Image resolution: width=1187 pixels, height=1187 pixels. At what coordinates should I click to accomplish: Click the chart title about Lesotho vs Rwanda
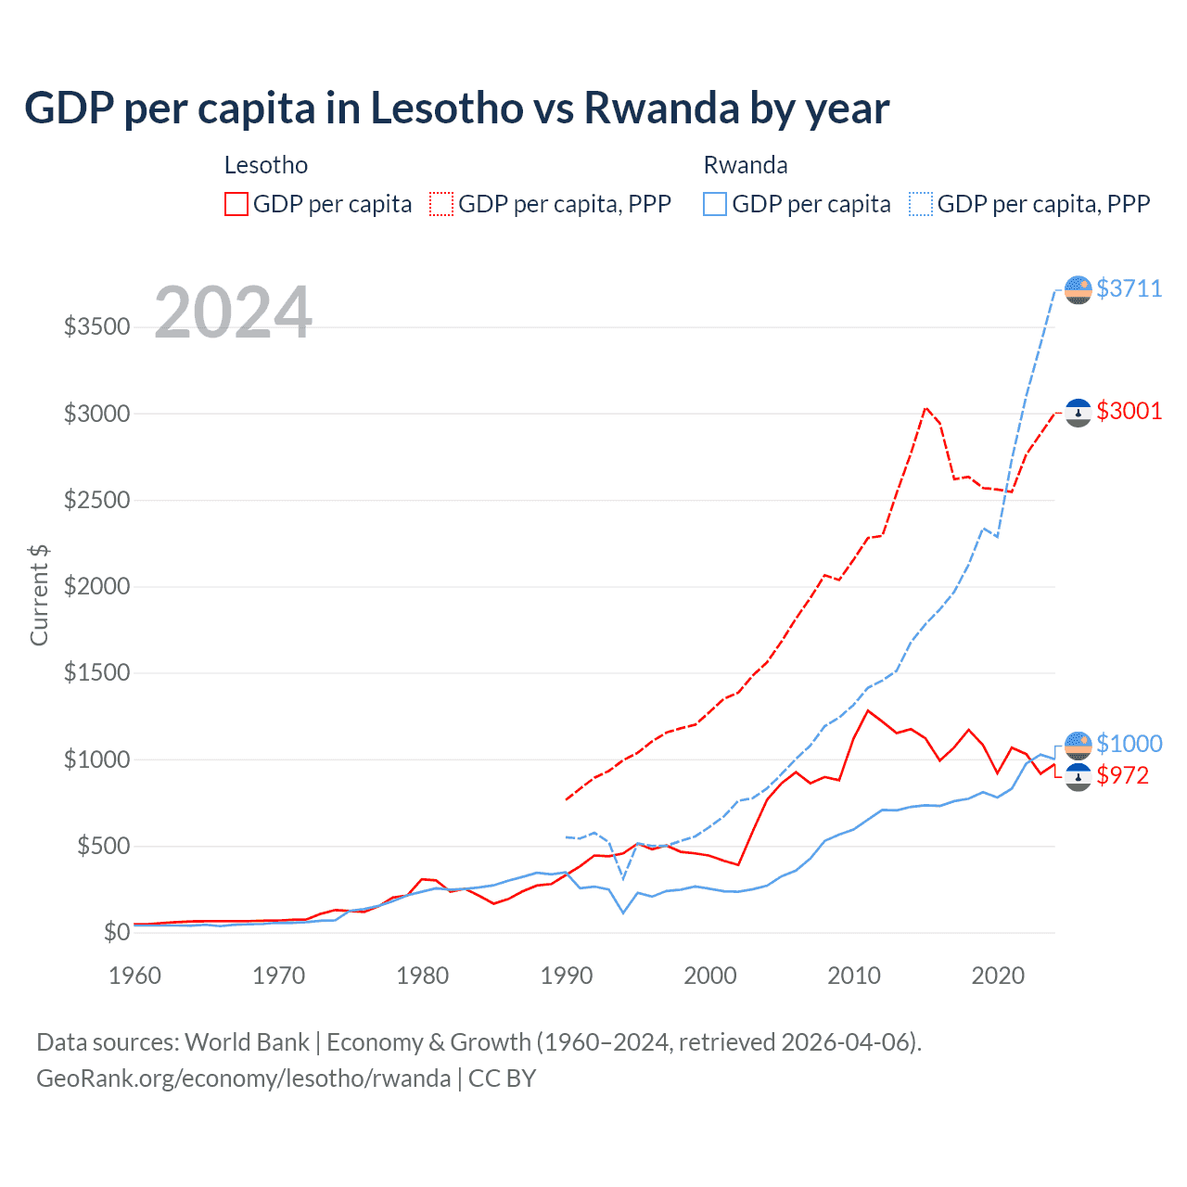[x=456, y=108]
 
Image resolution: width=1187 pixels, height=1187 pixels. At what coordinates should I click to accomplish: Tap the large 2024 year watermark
[x=233, y=313]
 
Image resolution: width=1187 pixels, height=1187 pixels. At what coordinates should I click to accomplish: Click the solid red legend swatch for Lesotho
[x=236, y=204]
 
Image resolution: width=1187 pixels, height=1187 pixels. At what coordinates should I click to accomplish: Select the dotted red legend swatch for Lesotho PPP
[x=442, y=204]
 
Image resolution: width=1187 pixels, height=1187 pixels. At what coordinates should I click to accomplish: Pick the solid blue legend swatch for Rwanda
[x=715, y=204]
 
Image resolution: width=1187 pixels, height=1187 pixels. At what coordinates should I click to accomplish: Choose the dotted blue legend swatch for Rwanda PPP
[x=921, y=204]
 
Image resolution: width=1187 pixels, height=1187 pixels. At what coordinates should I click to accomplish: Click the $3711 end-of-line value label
[x=1129, y=288]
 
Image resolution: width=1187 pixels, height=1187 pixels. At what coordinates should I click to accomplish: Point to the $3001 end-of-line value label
[x=1129, y=411]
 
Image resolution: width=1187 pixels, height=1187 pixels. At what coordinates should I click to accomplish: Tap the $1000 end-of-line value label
[x=1129, y=744]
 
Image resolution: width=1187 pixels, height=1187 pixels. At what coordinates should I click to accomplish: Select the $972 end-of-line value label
[x=1122, y=775]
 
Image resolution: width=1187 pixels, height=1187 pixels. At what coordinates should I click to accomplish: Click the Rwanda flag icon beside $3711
[x=1078, y=289]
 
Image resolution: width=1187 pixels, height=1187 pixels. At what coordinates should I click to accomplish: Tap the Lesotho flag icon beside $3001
[x=1078, y=412]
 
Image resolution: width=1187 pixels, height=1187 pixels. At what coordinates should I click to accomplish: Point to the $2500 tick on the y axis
[x=96, y=500]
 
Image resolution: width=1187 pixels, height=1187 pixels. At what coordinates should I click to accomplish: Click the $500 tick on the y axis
[x=103, y=846]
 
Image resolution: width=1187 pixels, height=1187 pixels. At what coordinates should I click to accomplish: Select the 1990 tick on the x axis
[x=567, y=976]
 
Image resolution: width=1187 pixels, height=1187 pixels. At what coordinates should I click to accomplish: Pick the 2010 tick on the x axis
[x=854, y=976]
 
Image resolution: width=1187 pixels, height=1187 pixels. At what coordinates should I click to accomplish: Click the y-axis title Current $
[x=39, y=594]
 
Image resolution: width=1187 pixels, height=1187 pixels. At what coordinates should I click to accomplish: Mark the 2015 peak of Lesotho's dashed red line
[x=925, y=407]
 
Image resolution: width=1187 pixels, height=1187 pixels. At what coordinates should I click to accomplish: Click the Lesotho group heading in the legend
[x=266, y=165]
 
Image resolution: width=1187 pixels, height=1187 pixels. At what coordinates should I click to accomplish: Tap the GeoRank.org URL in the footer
[x=243, y=1079]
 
